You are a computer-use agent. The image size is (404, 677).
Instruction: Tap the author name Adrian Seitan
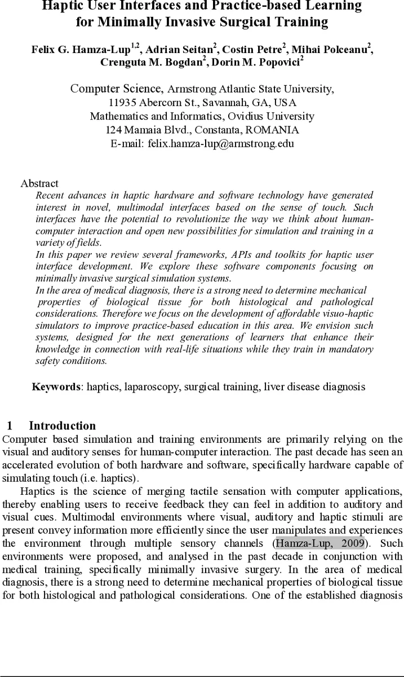tap(176, 50)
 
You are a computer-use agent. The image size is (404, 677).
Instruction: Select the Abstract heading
tap(39, 183)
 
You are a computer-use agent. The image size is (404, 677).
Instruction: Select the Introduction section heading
tap(62, 426)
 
